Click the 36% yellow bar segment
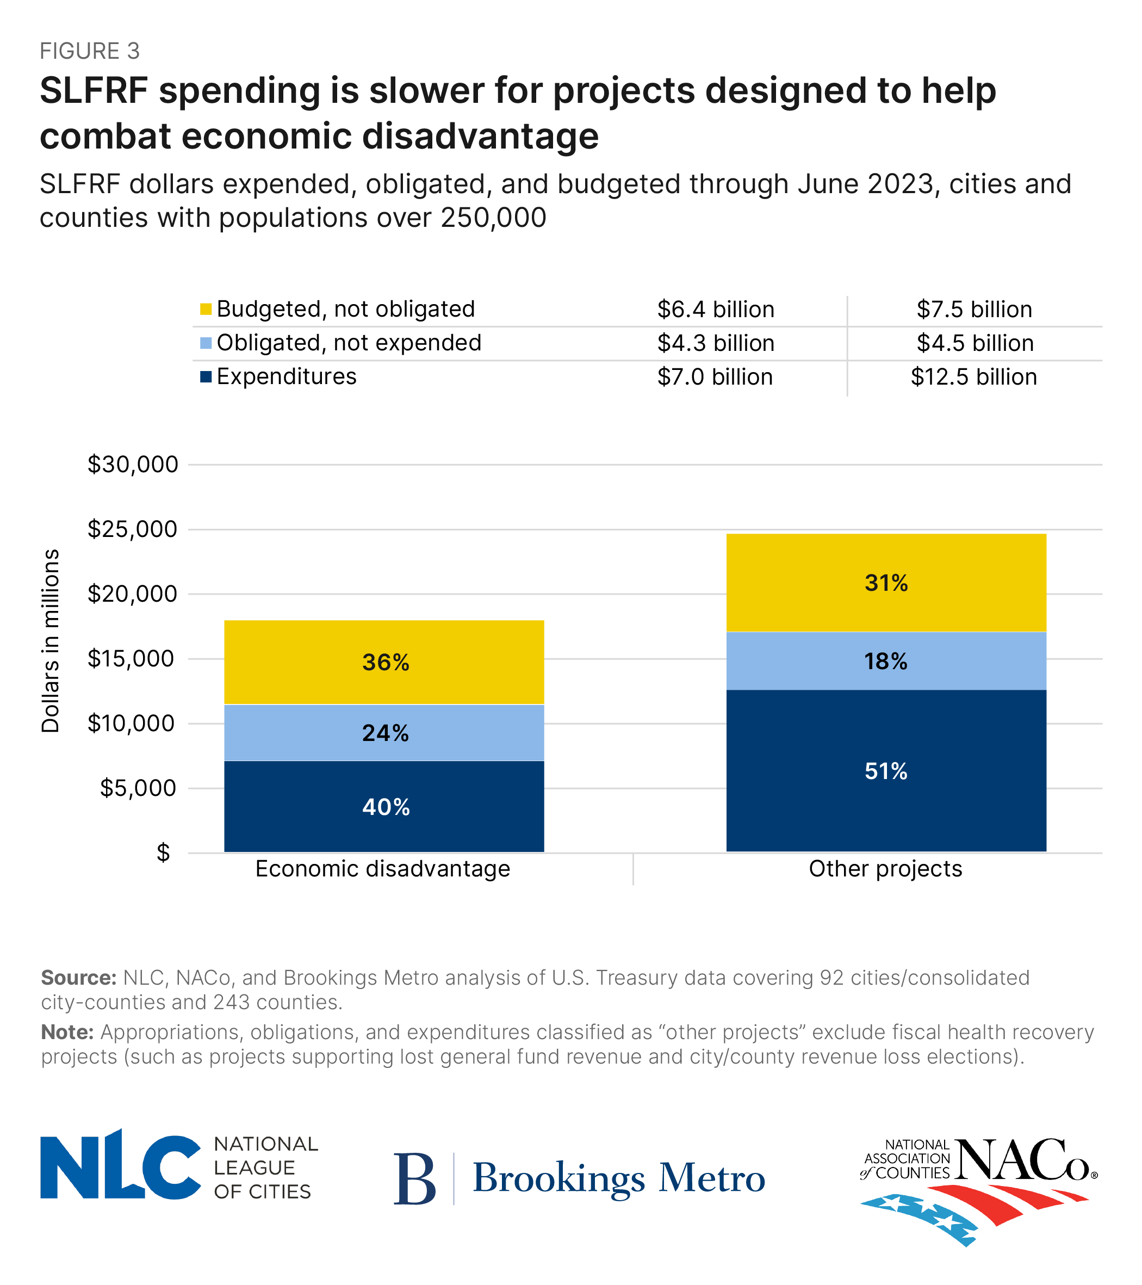coord(383,662)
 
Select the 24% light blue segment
coord(383,732)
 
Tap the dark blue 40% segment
coord(383,807)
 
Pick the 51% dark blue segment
coord(885,771)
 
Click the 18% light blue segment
coord(885,662)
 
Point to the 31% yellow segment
coord(885,583)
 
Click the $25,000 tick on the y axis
coord(133,529)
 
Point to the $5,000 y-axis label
coord(139,788)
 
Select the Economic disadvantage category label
coord(382,869)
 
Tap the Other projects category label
coord(885,869)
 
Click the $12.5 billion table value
coord(973,377)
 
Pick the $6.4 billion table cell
coord(715,310)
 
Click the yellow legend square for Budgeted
coord(206,310)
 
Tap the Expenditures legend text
coord(286,376)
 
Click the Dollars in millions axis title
coord(50,641)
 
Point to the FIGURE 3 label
coord(89,51)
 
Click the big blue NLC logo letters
coord(120,1167)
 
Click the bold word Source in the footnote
coord(78,978)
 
